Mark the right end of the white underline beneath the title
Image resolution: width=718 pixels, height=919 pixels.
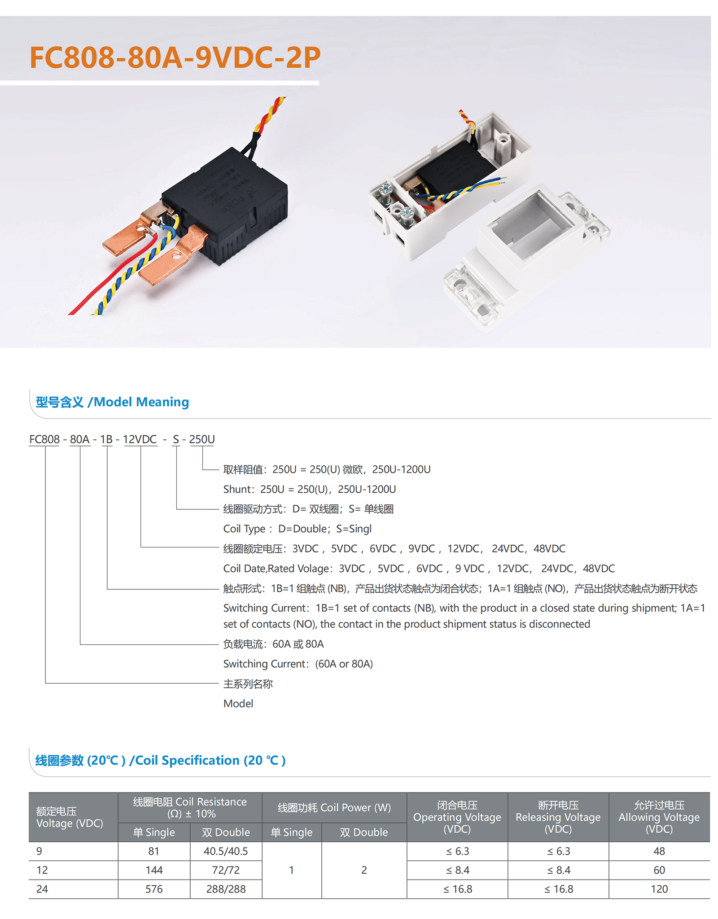pos(319,83)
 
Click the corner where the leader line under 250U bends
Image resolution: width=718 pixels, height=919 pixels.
pos(202,469)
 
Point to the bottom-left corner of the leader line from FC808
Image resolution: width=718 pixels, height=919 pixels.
pos(45,683)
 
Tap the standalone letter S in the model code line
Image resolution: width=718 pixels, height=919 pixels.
pos(176,439)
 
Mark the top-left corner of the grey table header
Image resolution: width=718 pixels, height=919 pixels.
pos(29,792)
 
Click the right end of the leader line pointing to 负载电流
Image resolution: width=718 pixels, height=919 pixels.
pos(219,644)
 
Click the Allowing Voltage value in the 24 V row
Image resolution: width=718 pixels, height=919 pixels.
pos(659,889)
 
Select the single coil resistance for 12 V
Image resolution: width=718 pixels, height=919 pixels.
pos(154,870)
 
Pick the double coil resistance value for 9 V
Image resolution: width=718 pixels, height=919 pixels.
pos(226,851)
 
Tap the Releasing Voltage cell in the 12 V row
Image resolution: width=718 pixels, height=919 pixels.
pos(558,870)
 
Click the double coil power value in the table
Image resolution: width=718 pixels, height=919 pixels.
pos(364,870)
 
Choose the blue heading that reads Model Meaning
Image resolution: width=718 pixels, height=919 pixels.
pos(112,402)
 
